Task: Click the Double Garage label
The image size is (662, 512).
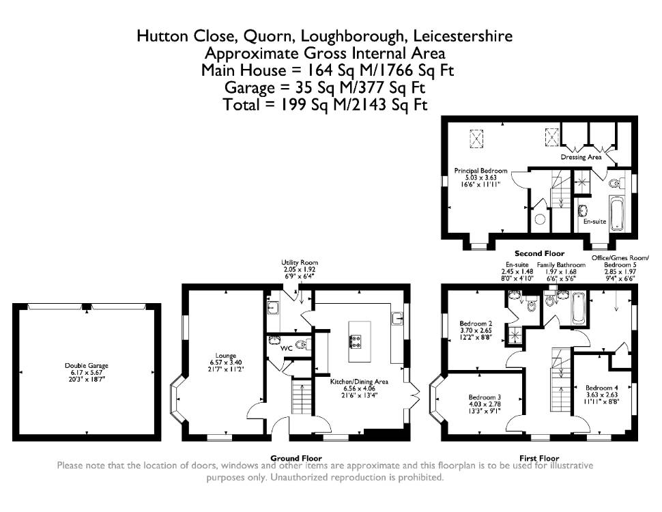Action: [x=87, y=366]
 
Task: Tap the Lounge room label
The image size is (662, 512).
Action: [x=226, y=356]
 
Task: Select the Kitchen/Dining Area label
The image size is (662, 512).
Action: [x=359, y=382]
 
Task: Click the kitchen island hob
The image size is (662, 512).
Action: [x=356, y=341]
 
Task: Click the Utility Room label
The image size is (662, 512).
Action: [x=300, y=262]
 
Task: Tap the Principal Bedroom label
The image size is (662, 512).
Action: [x=481, y=171]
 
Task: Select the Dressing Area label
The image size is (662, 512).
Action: [x=581, y=157]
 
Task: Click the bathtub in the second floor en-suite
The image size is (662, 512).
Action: [x=616, y=213]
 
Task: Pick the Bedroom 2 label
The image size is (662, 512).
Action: [x=476, y=324]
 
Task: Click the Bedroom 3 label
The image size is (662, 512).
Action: [x=485, y=397]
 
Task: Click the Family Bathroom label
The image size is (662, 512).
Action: [x=561, y=265]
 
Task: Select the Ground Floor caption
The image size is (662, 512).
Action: [x=296, y=458]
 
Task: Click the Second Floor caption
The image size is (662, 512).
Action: [x=540, y=253]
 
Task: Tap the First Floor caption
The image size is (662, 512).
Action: [x=539, y=458]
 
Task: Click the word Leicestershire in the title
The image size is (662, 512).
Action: [x=463, y=36]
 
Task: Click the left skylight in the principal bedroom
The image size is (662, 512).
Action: [x=476, y=138]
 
